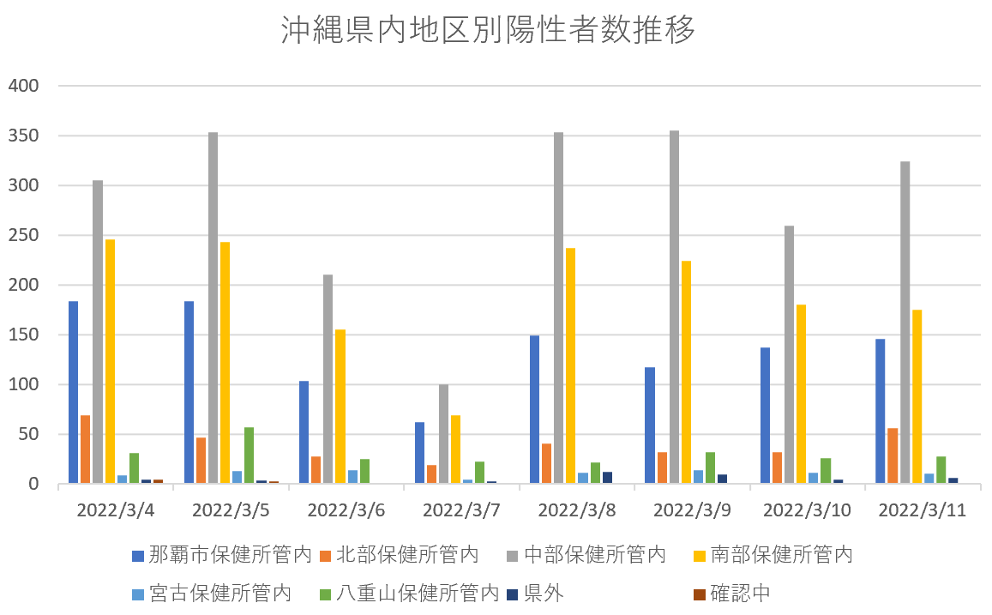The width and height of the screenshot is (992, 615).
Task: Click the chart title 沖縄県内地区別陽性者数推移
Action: tap(488, 31)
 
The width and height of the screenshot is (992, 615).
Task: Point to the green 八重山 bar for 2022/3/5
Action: tap(249, 455)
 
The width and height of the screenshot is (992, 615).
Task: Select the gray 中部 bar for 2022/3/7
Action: tap(443, 434)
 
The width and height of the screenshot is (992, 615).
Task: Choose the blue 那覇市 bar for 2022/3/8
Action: tap(534, 409)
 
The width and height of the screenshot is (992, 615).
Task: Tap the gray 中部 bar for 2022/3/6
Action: tap(328, 379)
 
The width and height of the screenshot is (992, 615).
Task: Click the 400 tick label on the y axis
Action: tap(24, 86)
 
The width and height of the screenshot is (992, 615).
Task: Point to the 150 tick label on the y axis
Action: tap(24, 335)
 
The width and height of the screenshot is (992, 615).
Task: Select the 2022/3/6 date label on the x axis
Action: tap(346, 509)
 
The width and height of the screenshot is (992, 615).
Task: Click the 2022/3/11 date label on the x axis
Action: tap(922, 509)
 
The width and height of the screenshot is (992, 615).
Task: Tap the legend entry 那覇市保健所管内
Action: tap(221, 555)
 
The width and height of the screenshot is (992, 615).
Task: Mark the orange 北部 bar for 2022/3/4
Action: tap(85, 449)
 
